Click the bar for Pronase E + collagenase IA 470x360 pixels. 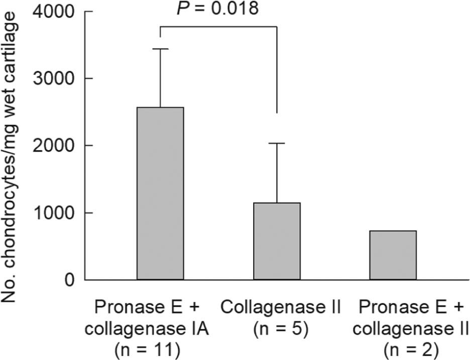160,193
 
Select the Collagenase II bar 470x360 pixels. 277,241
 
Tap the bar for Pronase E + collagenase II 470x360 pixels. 393,255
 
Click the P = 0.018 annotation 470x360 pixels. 218,9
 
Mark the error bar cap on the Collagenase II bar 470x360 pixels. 277,144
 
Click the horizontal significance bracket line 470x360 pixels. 218,27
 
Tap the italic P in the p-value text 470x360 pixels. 182,9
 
